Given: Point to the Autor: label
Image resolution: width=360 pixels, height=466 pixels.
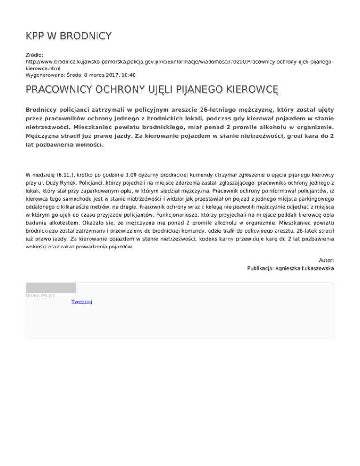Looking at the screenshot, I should coord(326,260).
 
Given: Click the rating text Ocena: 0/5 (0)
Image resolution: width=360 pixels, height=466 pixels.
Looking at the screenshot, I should coord(40,296).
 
